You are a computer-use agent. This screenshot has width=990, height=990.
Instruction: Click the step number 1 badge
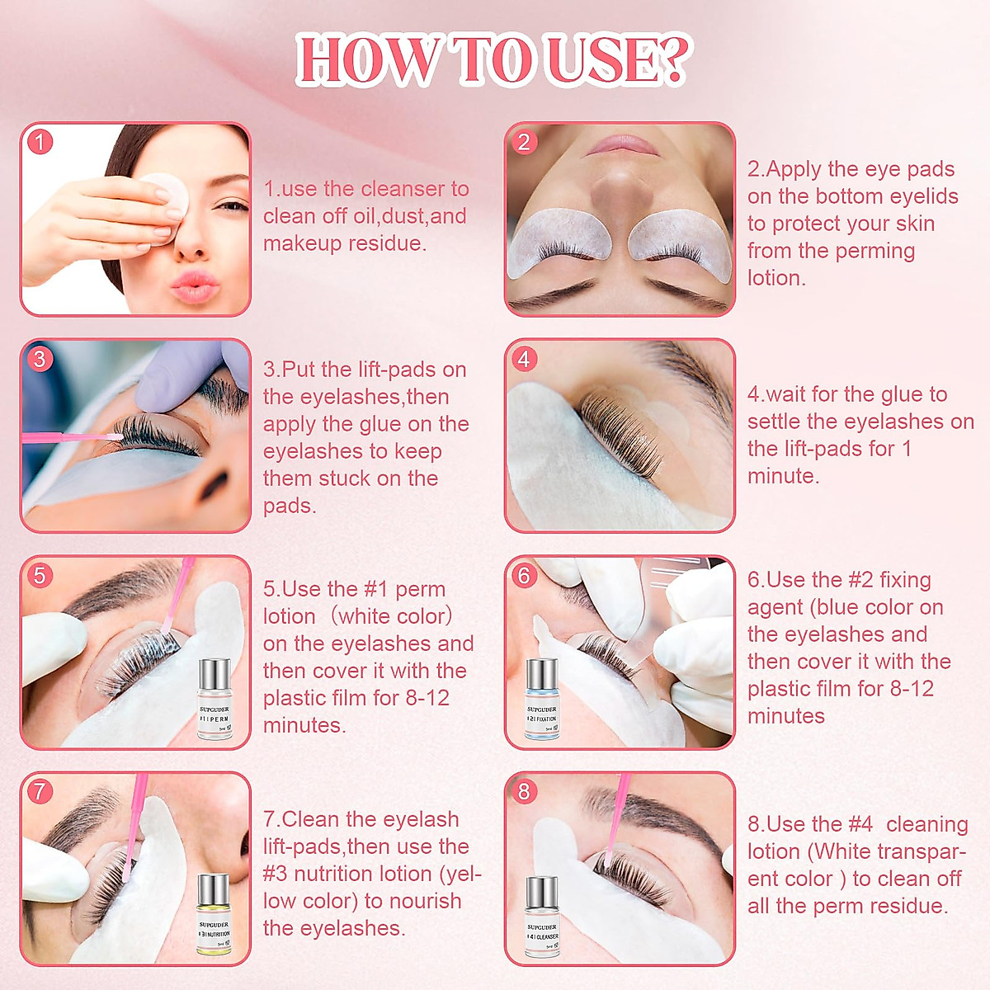40,142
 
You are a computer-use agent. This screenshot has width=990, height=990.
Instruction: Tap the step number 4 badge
524,359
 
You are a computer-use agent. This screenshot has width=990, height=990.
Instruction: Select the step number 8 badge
524,792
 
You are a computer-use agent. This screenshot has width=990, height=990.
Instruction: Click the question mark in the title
672,59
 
